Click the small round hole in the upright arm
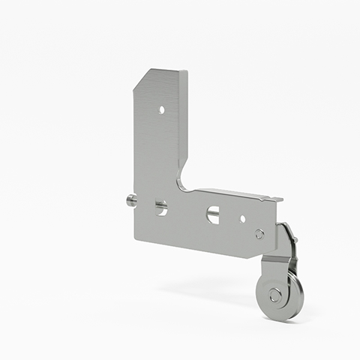pyautogui.click(x=161, y=109)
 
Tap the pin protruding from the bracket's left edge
pyautogui.click(x=130, y=199)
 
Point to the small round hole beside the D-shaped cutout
pyautogui.click(x=242, y=220)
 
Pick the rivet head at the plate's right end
pyautogui.click(x=259, y=234)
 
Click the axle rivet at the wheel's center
pyautogui.click(x=275, y=295)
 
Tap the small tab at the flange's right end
pyautogui.click(x=277, y=199)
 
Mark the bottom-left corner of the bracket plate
pyautogui.click(x=136, y=238)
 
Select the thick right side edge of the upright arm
pyautogui.click(x=184, y=120)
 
